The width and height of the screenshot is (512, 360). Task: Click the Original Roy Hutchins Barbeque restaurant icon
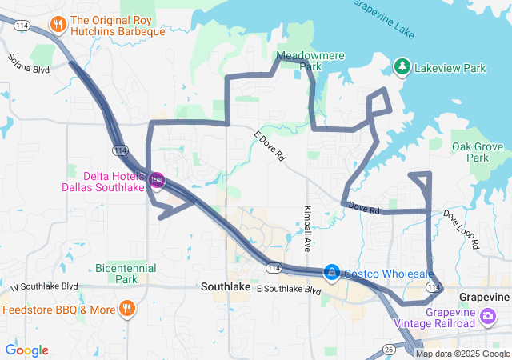pos(58,26)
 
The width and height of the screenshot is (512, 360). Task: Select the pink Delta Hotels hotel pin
pos(157,181)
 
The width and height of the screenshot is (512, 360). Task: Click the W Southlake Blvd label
pos(44,286)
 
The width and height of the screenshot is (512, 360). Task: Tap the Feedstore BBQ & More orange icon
pos(126,309)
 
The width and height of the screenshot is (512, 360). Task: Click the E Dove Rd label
pos(269,146)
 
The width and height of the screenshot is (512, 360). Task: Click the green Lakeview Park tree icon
pos(403,67)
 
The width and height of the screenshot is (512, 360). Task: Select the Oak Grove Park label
pos(478,152)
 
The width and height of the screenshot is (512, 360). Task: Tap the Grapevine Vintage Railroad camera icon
pos(487,317)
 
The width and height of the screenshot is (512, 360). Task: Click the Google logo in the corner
pos(27,350)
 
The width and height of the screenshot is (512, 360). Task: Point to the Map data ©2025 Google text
pos(462,354)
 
